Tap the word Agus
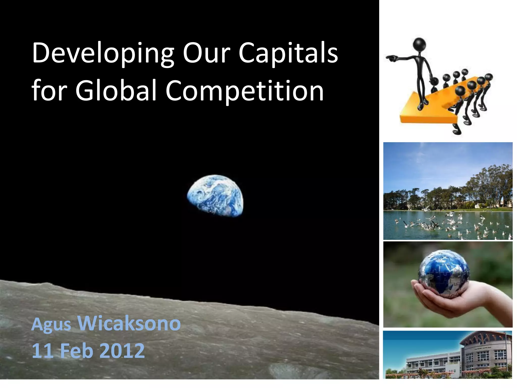(51, 325)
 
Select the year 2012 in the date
(122, 351)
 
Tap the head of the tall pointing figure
(419, 44)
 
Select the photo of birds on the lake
(448, 191)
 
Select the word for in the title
(49, 90)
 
